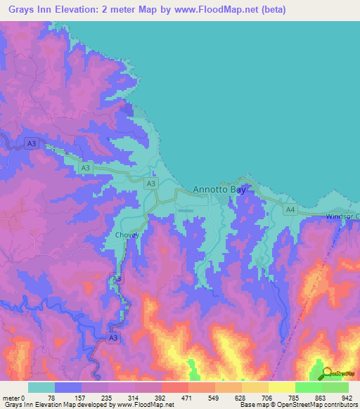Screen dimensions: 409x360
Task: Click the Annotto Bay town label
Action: click(x=219, y=190)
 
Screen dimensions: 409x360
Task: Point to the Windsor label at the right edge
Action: click(x=342, y=216)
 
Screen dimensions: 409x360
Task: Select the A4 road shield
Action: click(x=290, y=209)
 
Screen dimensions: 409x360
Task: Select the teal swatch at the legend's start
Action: click(x=41, y=387)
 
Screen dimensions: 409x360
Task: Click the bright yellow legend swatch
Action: click(x=281, y=387)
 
